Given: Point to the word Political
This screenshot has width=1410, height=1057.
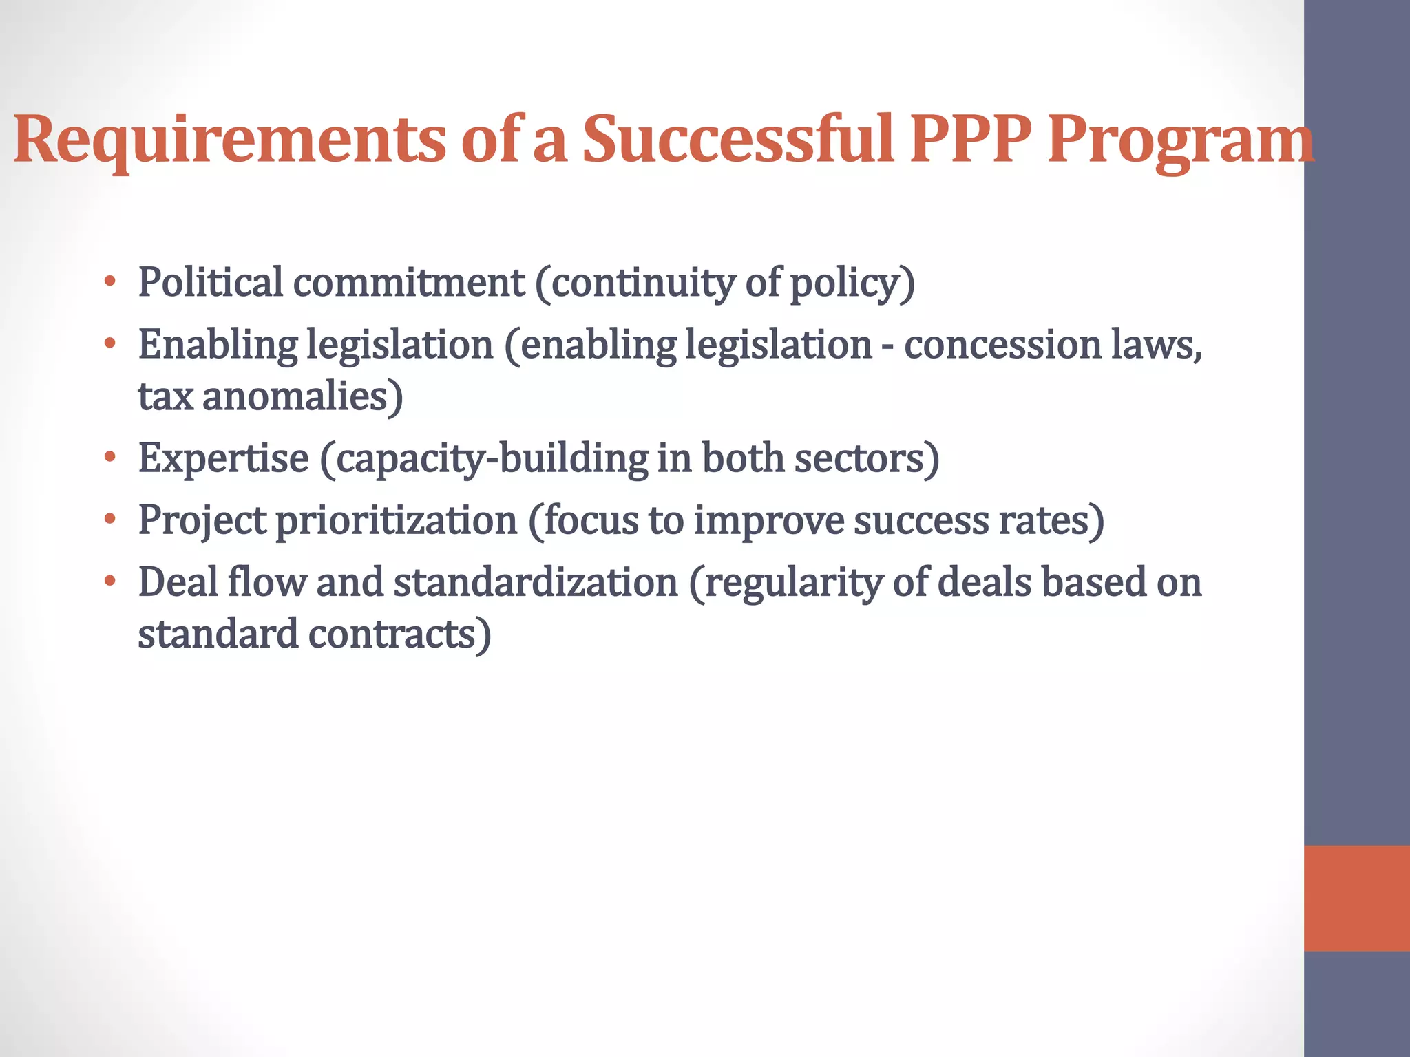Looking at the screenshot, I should click(210, 282).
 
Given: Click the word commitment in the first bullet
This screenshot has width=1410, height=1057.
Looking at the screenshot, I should click(409, 282).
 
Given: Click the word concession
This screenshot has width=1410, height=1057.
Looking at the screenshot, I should click(1002, 344).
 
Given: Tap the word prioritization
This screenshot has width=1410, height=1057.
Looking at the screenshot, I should click(396, 520).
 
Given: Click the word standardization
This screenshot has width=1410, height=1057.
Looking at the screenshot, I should click(536, 582).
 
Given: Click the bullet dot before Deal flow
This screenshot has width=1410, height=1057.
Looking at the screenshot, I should click(109, 581).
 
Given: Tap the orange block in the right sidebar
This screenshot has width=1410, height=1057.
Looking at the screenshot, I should click(1356, 898).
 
